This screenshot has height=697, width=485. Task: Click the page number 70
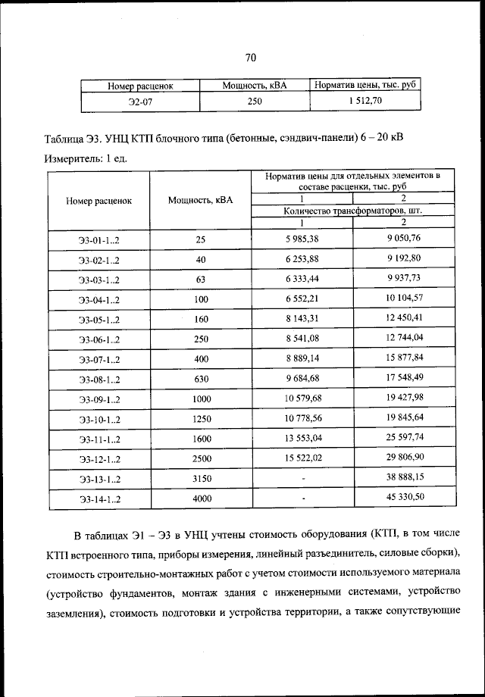tap(252, 58)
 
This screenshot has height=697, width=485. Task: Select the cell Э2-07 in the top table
tap(140, 101)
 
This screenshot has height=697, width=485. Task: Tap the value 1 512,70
tap(365, 100)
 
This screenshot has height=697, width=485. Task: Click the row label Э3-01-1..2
tap(99, 240)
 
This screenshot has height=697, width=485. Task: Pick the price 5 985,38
tap(302, 239)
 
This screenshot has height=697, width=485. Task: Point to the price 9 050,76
tap(403, 239)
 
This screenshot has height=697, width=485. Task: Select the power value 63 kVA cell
tap(200, 280)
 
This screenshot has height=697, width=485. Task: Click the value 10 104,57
tap(403, 298)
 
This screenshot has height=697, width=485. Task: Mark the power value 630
tap(200, 379)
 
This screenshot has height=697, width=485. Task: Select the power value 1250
tap(200, 418)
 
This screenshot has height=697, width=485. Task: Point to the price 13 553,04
tap(302, 438)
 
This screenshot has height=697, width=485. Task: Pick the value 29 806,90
tap(403, 458)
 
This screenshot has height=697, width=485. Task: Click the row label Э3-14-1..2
tap(99, 499)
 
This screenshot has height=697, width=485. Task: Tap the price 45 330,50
tap(403, 497)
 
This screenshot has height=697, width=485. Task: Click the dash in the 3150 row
tap(302, 479)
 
